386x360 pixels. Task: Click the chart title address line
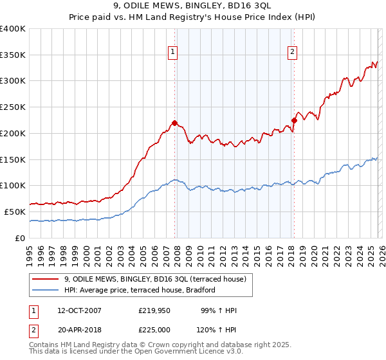tap(193, 7)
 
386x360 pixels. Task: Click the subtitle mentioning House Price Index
tap(193, 18)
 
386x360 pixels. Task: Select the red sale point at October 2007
tap(174, 122)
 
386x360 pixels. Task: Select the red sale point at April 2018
tap(294, 120)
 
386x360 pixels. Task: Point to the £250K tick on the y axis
tap(13, 107)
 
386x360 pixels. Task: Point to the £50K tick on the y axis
tap(14, 212)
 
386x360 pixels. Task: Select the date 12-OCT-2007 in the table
tap(79, 310)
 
